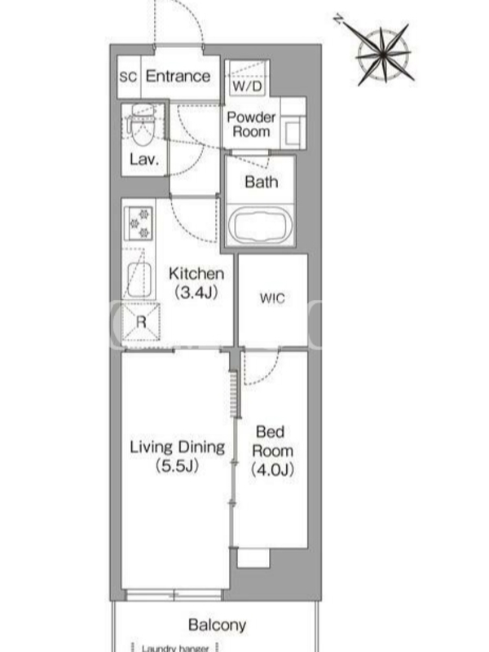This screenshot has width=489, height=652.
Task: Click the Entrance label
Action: click(x=178, y=76)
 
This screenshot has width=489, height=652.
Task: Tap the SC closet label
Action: click(x=128, y=77)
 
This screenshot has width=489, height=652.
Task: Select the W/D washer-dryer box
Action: click(x=247, y=78)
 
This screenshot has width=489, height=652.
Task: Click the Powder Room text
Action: click(x=251, y=125)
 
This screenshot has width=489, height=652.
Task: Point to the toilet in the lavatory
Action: click(x=142, y=125)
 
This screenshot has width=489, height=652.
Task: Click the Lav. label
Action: click(x=144, y=160)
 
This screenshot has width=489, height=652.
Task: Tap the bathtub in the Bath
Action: click(x=259, y=226)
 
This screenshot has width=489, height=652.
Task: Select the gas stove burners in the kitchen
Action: click(x=139, y=222)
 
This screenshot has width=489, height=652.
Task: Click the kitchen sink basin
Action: click(x=139, y=280)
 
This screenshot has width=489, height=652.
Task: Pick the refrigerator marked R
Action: click(x=141, y=322)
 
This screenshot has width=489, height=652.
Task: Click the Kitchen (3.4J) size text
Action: click(x=196, y=283)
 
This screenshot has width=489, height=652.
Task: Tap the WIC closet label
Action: click(x=272, y=298)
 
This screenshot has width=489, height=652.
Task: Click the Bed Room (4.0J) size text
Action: click(x=272, y=451)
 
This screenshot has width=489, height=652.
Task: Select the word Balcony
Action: click(x=217, y=624)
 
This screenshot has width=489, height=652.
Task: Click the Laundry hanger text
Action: click(x=175, y=648)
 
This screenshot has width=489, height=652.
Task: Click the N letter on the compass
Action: click(x=339, y=19)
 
